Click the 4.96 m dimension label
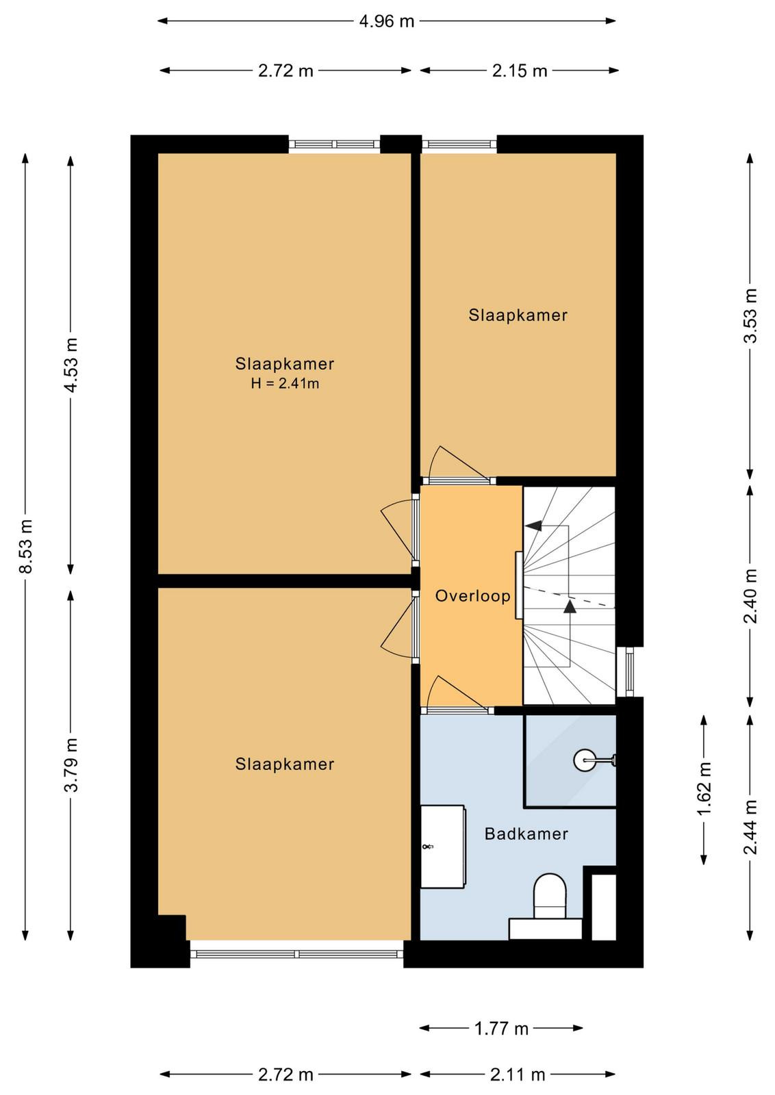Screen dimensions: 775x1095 click(386, 21)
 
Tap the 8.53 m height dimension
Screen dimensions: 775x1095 click(25, 546)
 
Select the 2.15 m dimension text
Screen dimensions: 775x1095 click(519, 71)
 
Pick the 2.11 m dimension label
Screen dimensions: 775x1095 click(518, 1075)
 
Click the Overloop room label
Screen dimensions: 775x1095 click(473, 596)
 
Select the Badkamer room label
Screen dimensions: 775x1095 click(526, 834)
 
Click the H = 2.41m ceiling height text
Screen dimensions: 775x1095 click(285, 384)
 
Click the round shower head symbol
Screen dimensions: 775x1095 click(585, 760)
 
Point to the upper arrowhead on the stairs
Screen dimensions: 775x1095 click(534, 525)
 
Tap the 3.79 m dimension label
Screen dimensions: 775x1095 click(72, 765)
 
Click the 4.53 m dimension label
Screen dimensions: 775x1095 click(72, 365)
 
